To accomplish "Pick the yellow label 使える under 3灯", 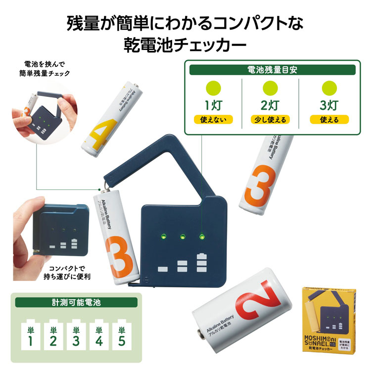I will pyautogui.click(x=329, y=120).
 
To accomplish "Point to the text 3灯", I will pyautogui.click(x=329, y=105).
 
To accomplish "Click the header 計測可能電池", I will pyautogui.click(x=76, y=302).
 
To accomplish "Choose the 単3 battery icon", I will pyautogui.click(x=76, y=336).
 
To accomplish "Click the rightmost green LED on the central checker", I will pyautogui.click(x=201, y=236).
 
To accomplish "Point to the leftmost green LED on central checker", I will pyautogui.click(x=163, y=237).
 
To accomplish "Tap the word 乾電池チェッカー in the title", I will pyautogui.click(x=185, y=46).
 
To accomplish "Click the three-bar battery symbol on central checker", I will pyautogui.click(x=200, y=263).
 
